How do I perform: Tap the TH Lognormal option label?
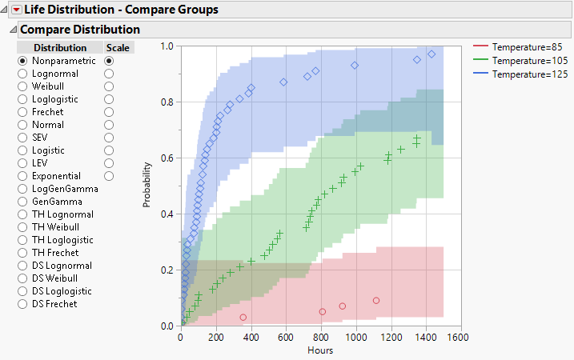coord(62,214)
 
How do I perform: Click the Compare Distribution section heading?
coord(79,30)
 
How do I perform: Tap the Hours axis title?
coord(320,350)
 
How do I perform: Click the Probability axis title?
coord(147,186)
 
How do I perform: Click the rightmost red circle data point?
coord(376,301)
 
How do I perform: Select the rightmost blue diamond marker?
coord(432,54)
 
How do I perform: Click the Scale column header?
coord(118,48)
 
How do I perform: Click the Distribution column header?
coord(60,48)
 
